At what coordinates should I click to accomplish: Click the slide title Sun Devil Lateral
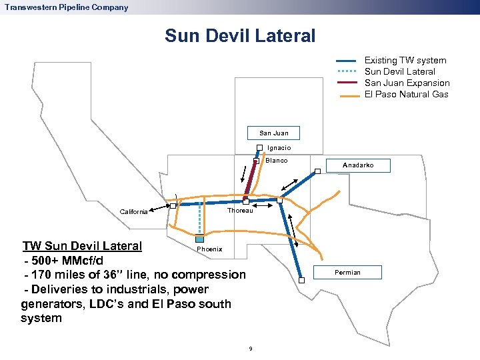point(240,35)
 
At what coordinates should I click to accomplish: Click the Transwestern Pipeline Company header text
point(66,7)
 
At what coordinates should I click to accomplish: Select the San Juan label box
point(273,133)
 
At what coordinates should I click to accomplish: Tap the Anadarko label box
point(358,165)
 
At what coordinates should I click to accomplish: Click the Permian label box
point(347,272)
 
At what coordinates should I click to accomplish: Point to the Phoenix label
point(209,249)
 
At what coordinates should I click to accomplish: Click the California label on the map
point(133,212)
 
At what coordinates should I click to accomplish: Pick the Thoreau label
point(240,211)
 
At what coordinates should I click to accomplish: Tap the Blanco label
point(276,161)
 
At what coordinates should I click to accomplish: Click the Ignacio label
point(279,148)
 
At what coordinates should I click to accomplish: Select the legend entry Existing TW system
point(405,61)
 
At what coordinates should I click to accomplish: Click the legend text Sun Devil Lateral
point(399,72)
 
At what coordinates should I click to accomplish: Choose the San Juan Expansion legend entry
point(407,83)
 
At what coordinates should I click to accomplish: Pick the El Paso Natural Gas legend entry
point(406,95)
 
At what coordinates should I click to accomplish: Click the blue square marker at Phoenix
point(199,239)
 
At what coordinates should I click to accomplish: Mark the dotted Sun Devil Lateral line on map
point(199,220)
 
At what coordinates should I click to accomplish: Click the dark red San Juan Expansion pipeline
point(251,181)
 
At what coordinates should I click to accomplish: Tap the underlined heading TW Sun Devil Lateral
point(82,245)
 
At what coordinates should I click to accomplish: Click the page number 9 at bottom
point(249,349)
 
